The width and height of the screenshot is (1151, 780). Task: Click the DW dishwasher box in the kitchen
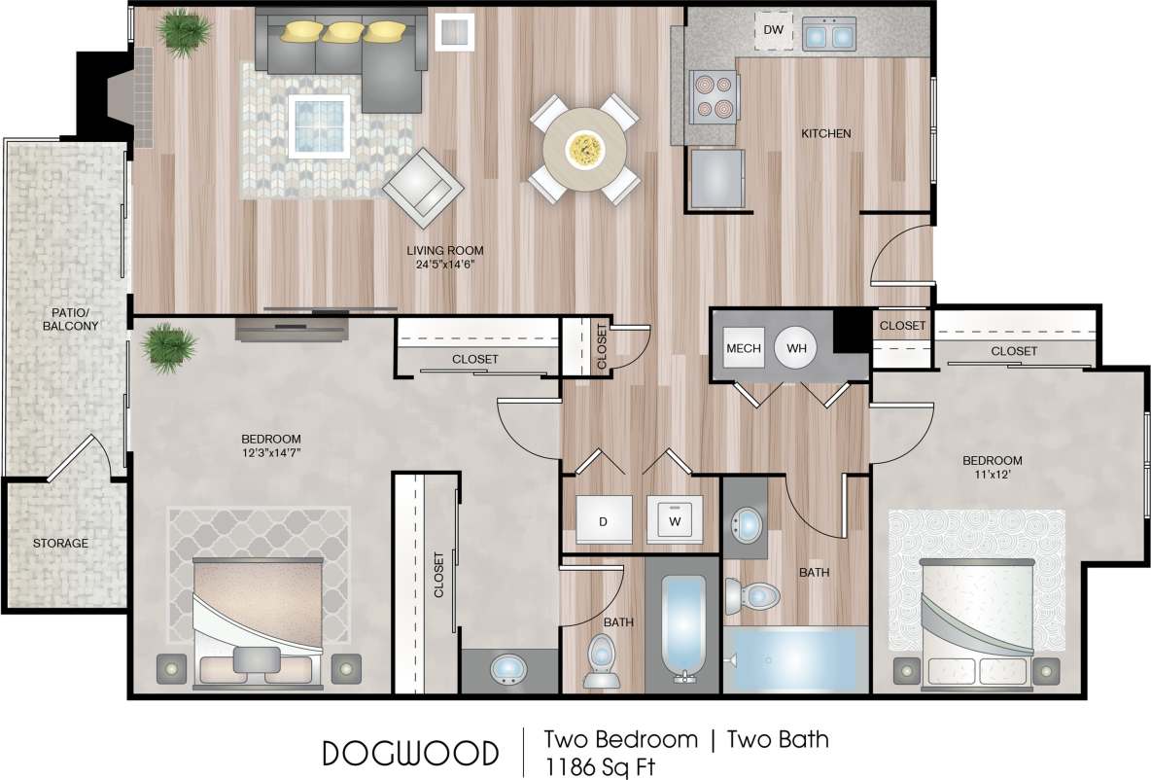click(773, 30)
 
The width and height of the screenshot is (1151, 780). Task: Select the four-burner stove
click(712, 95)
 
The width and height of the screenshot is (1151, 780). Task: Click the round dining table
click(584, 149)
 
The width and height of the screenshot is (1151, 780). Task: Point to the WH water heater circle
click(796, 348)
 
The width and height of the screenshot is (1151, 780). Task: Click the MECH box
click(743, 348)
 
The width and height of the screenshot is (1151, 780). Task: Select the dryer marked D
click(603, 521)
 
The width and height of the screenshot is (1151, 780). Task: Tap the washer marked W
click(674, 521)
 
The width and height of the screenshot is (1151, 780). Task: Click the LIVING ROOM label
click(445, 250)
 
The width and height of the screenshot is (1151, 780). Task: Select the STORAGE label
click(60, 543)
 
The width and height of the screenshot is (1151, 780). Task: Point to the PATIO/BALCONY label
click(70, 319)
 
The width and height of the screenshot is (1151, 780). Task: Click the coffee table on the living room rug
click(320, 124)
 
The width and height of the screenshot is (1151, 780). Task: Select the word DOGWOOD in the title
click(410, 753)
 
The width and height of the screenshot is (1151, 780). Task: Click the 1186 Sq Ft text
click(599, 765)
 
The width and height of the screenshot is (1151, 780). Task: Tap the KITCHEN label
click(825, 133)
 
